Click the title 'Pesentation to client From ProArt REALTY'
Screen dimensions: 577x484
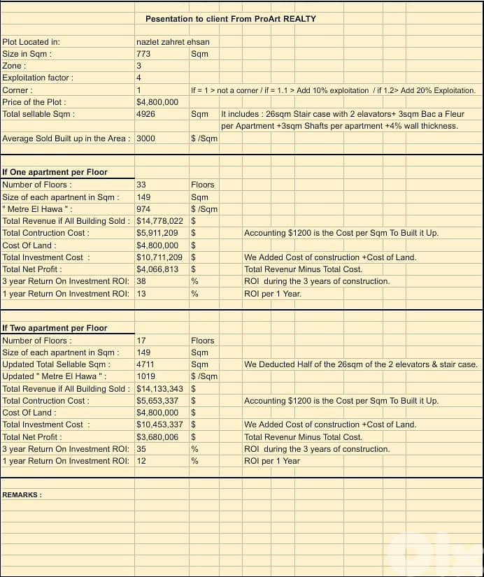click(230, 19)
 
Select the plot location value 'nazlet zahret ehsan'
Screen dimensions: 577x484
click(173, 42)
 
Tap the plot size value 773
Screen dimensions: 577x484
click(143, 54)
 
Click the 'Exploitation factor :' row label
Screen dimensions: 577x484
click(38, 78)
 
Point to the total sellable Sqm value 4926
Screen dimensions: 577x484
click(145, 114)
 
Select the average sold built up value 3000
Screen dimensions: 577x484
click(145, 138)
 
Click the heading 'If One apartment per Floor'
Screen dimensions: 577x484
click(55, 172)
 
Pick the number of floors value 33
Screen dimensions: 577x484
click(141, 185)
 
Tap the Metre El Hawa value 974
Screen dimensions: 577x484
click(143, 209)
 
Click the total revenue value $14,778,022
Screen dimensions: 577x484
click(159, 221)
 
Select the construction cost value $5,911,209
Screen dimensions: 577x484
click(157, 233)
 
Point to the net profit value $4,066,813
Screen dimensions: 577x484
click(157, 269)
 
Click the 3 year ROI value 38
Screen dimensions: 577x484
click(141, 281)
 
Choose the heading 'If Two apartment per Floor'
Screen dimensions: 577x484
click(55, 328)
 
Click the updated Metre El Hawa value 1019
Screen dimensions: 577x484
click(145, 376)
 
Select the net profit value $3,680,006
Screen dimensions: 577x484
click(157, 437)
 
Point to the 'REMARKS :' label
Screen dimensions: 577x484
click(22, 494)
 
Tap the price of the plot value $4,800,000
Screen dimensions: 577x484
click(157, 102)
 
